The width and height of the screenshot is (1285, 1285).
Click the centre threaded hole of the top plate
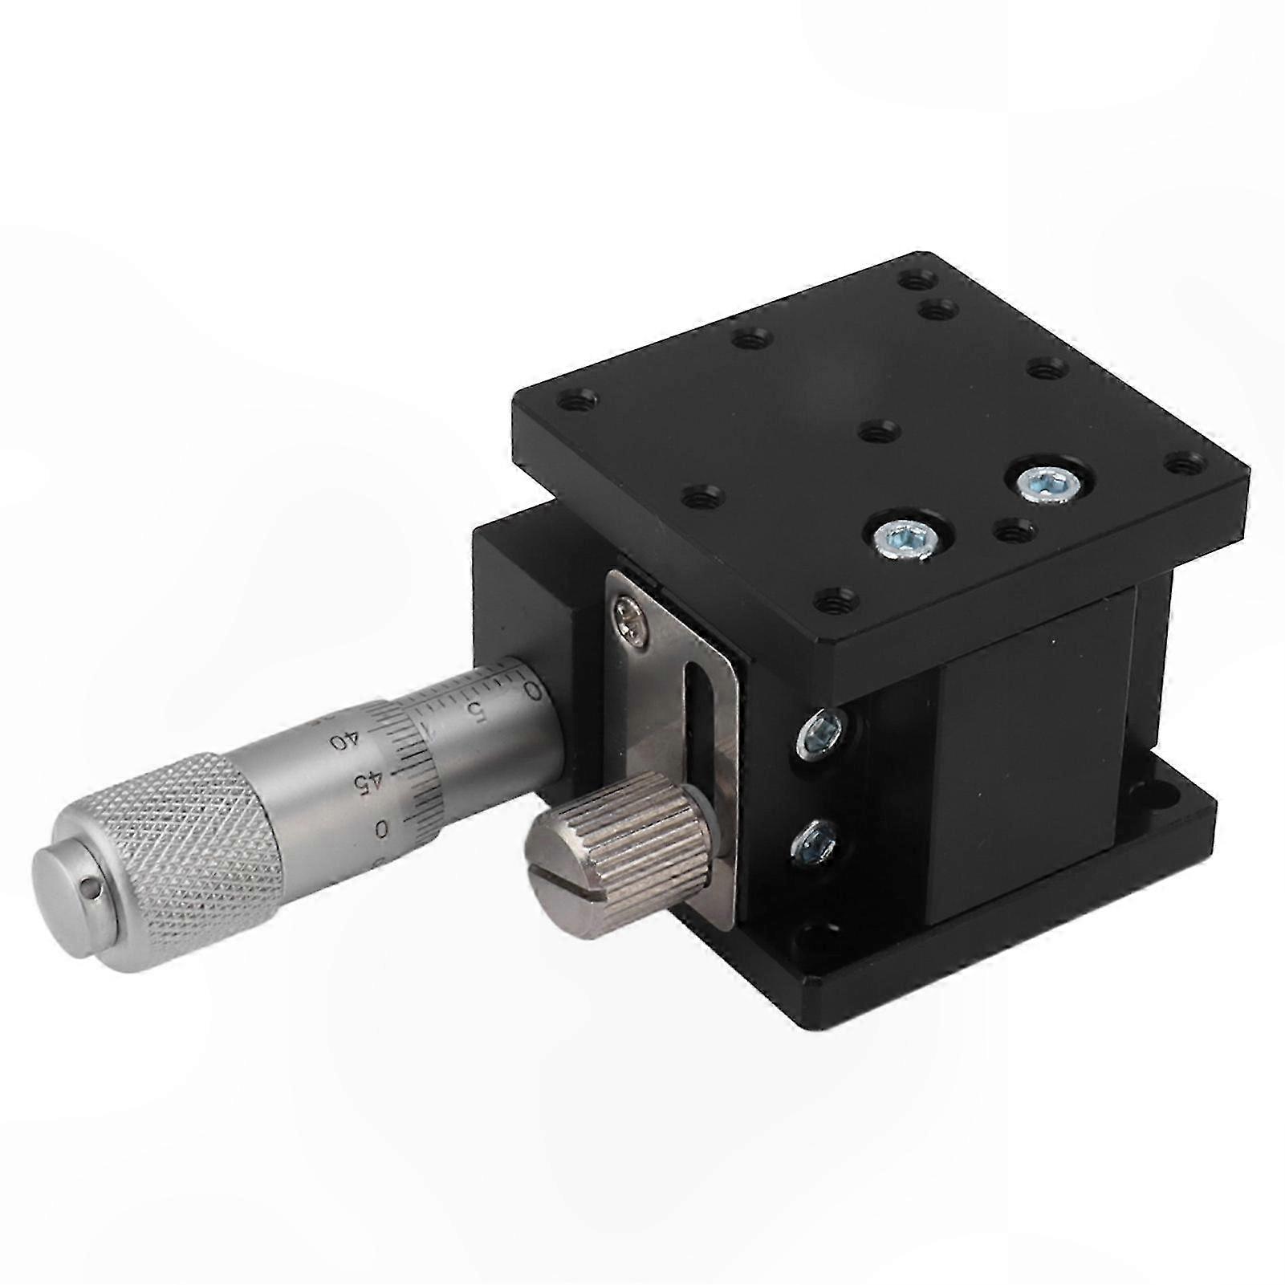[876, 431]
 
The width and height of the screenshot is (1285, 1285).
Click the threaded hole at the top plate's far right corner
[1184, 463]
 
